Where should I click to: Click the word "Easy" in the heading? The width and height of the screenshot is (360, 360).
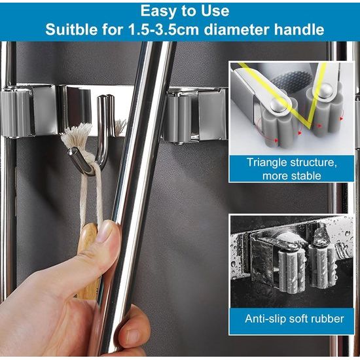pos(158,12)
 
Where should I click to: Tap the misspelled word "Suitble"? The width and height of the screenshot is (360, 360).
pos(71,29)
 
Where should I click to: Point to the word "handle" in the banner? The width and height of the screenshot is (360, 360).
pos(299,29)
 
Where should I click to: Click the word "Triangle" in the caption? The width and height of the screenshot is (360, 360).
pos(266,162)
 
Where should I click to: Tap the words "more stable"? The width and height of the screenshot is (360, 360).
pos(291,176)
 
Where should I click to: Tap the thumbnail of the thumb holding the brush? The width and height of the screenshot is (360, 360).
pos(105,232)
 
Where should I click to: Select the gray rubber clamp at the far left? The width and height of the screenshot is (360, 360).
pos(16,113)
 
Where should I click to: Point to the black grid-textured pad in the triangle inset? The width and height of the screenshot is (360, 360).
pos(291,80)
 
